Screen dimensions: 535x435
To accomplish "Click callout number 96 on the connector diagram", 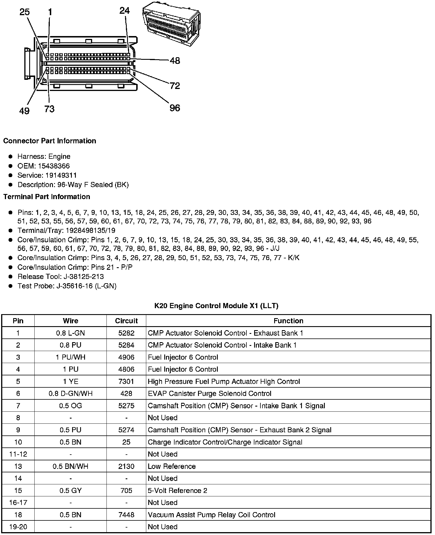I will [x=175, y=108].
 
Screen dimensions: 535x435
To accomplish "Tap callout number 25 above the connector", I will [x=25, y=12].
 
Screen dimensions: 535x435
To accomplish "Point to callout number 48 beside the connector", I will [x=175, y=61].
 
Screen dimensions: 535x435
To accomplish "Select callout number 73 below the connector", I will [x=49, y=109].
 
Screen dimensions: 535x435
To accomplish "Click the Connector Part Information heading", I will [x=50, y=141].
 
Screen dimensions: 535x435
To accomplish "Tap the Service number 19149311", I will [x=61, y=175].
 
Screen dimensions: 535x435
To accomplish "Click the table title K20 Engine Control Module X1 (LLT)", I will [x=216, y=306].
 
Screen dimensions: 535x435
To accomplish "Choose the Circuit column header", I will [x=126, y=321].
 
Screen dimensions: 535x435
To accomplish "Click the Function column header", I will [x=288, y=321].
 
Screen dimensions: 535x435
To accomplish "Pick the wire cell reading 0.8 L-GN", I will [x=70, y=333].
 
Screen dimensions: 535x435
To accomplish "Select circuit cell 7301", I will [x=126, y=381].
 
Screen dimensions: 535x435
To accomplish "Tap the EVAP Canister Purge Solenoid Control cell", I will [x=209, y=394].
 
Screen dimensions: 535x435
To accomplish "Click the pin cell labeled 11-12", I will [x=18, y=454].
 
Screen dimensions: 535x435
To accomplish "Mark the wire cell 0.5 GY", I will [x=70, y=490].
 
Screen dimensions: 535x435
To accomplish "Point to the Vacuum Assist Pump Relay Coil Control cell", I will [x=211, y=515].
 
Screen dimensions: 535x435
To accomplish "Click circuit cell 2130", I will [x=126, y=466].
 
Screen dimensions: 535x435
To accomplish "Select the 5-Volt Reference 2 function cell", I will [x=177, y=490].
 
